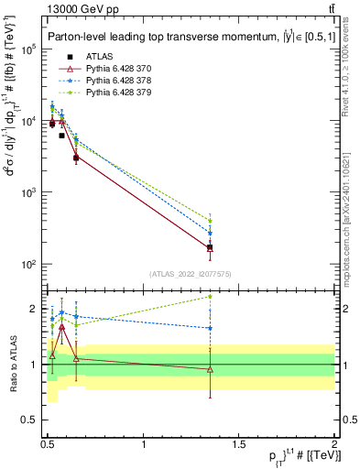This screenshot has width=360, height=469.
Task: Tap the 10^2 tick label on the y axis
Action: (x=28, y=265)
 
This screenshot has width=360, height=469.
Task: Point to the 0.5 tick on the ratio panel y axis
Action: (x=34, y=420)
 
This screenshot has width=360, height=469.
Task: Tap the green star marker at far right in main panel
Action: (x=211, y=221)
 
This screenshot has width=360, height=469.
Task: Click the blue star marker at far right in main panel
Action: (x=211, y=233)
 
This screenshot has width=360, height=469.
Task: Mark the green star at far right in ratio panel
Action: (x=211, y=296)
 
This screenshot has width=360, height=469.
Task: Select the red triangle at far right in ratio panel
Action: (x=211, y=369)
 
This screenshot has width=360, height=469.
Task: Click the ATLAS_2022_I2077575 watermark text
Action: (x=190, y=273)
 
